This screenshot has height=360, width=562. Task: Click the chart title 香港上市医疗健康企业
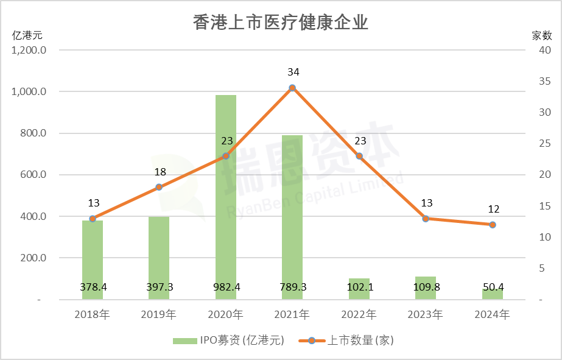[x=281, y=23]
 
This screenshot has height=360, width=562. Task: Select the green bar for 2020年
[x=226, y=195]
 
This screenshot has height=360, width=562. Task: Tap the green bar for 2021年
[x=292, y=213]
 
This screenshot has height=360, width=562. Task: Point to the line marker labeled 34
[x=292, y=88]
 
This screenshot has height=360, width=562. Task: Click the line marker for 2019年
[x=159, y=187]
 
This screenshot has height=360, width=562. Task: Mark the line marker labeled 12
[x=493, y=225]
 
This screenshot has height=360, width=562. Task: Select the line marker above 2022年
[x=359, y=156]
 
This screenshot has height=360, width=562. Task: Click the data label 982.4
[x=226, y=287]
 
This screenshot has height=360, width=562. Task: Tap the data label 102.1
[x=359, y=287]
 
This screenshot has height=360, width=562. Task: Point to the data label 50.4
[x=493, y=287]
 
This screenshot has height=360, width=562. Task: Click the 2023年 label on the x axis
[x=426, y=315]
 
